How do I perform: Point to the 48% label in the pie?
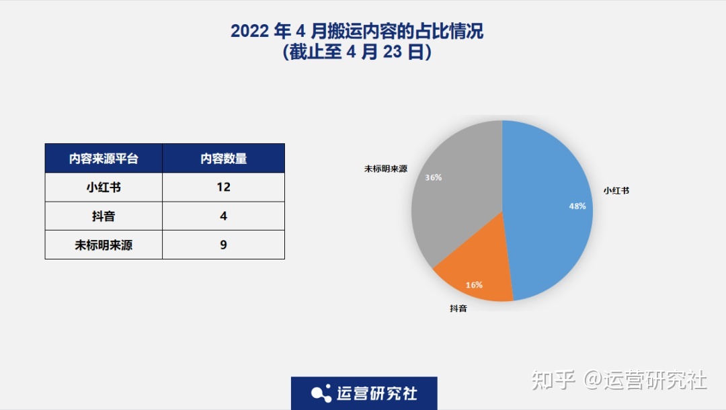click(577, 206)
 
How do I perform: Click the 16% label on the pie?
click(474, 285)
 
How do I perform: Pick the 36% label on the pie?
click(433, 178)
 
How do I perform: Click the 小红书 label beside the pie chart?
click(616, 191)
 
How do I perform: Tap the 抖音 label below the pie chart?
click(458, 309)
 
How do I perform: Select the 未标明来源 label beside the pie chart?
click(386, 169)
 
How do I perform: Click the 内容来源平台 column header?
click(104, 159)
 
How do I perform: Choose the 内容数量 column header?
click(223, 159)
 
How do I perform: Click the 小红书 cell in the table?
click(104, 188)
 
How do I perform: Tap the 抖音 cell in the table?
click(104, 216)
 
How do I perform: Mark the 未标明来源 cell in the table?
click(104, 245)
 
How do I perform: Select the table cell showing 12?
click(223, 188)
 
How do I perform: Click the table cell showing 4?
click(223, 216)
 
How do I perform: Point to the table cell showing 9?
click(223, 245)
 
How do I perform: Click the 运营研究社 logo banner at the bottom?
click(364, 393)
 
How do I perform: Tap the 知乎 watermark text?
click(553, 380)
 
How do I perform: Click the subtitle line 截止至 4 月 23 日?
click(357, 52)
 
